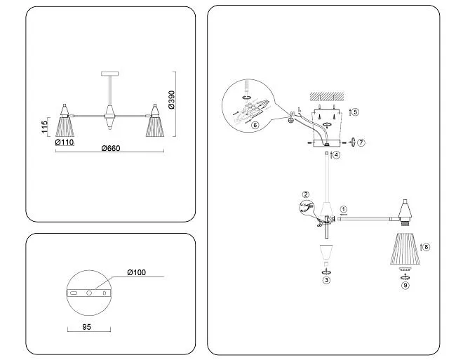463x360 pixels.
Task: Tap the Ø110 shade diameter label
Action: tap(65, 142)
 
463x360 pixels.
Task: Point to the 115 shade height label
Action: tap(44, 127)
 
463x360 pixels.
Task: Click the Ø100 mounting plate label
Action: tap(137, 272)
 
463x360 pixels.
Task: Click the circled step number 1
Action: tap(344, 209)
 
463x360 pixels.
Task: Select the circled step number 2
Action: tap(306, 194)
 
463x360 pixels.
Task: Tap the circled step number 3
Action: tap(326, 279)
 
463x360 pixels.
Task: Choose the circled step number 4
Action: tap(337, 154)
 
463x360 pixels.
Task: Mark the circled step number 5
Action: tap(356, 112)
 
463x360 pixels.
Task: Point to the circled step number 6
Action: tap(255, 125)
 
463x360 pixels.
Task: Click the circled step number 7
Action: tap(361, 142)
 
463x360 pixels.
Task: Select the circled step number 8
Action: tap(427, 247)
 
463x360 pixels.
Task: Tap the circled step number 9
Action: tap(405, 285)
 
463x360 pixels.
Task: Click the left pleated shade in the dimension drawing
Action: tap(65, 126)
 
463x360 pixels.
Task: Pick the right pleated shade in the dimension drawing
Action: tap(153, 126)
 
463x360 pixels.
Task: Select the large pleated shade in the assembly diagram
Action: tap(404, 248)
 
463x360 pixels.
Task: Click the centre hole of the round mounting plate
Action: tap(89, 292)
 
